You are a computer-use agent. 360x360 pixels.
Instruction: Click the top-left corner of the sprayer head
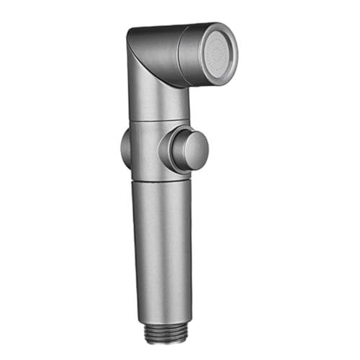(x=130, y=32)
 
